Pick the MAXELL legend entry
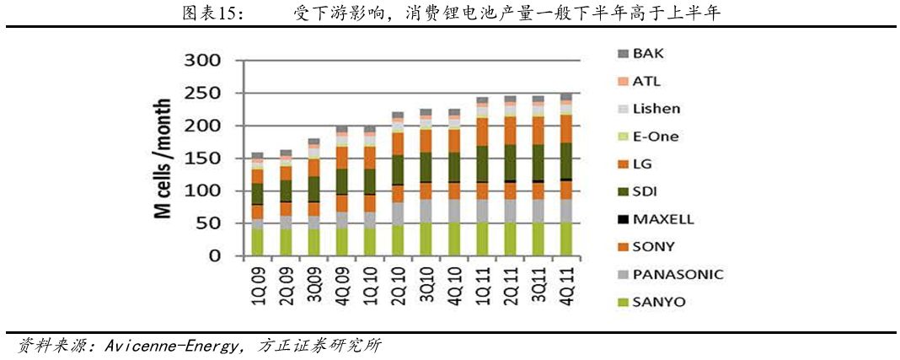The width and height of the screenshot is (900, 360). click(662, 219)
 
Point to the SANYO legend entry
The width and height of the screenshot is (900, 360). click(658, 302)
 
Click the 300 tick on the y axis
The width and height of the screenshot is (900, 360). click(201, 61)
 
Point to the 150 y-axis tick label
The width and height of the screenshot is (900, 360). click(201, 159)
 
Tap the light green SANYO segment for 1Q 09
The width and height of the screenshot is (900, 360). click(257, 242)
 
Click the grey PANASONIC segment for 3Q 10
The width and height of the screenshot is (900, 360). click(426, 211)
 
